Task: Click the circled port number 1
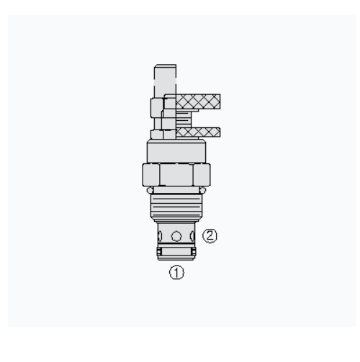[x=176, y=273]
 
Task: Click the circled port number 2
[x=210, y=236]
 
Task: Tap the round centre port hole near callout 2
[x=176, y=236]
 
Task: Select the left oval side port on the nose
[x=160, y=236]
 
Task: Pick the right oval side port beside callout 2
[x=192, y=236]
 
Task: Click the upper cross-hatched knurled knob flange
[x=198, y=101]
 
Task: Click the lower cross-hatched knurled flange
[x=198, y=132]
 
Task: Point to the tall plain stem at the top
[x=165, y=81]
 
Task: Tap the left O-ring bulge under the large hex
[x=150, y=190]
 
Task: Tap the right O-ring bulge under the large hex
[x=203, y=190]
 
